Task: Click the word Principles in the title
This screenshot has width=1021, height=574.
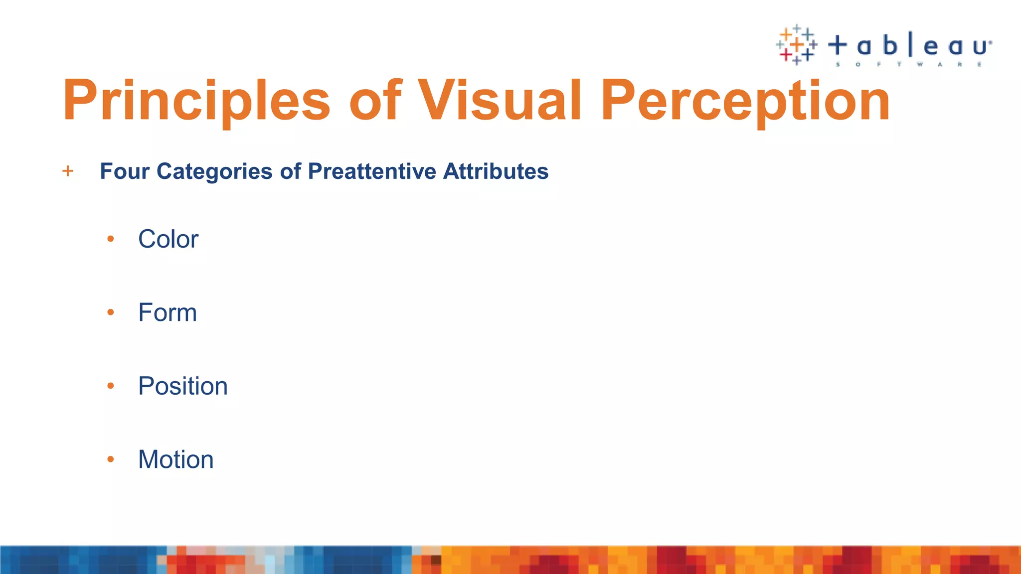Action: [196, 101]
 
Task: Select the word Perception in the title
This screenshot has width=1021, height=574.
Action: [745, 101]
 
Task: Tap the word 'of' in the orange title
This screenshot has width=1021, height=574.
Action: [375, 101]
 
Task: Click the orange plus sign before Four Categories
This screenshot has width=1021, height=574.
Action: [68, 171]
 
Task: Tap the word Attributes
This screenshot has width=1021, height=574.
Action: [496, 171]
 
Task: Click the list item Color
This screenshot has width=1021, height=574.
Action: [168, 239]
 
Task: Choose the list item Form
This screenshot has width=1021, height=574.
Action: [168, 313]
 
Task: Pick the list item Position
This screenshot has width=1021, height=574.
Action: [183, 386]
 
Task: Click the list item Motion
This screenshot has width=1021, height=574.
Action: [176, 459]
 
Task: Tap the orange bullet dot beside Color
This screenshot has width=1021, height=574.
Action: [111, 240]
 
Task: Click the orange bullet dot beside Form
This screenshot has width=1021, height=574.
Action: [111, 313]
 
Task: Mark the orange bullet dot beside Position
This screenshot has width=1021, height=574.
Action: [111, 386]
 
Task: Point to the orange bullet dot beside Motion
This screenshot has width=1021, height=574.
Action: [111, 459]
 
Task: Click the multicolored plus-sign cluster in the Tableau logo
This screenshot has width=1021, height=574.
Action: [797, 45]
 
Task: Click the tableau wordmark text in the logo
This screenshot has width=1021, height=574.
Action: [910, 46]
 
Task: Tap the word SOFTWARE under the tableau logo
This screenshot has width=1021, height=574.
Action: [909, 64]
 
